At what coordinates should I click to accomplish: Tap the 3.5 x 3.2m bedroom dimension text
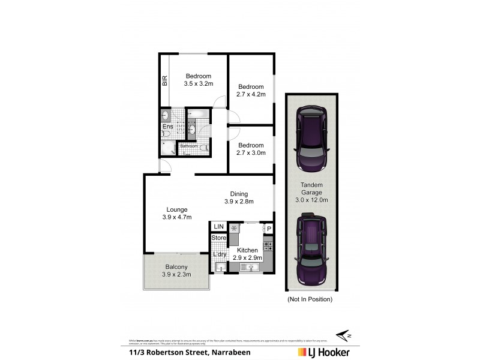(198, 85)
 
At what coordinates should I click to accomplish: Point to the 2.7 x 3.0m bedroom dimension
(250, 154)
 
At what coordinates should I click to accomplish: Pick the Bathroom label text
(189, 146)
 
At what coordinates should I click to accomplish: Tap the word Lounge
(177, 209)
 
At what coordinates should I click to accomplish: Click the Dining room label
(239, 193)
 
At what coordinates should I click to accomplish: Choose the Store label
(219, 238)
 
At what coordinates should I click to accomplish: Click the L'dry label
(220, 254)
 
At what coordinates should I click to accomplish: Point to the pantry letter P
(269, 229)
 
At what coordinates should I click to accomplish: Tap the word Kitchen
(247, 250)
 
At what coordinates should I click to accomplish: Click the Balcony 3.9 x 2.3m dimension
(176, 275)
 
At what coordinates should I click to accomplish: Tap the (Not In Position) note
(310, 299)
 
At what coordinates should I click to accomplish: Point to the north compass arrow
(344, 334)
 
